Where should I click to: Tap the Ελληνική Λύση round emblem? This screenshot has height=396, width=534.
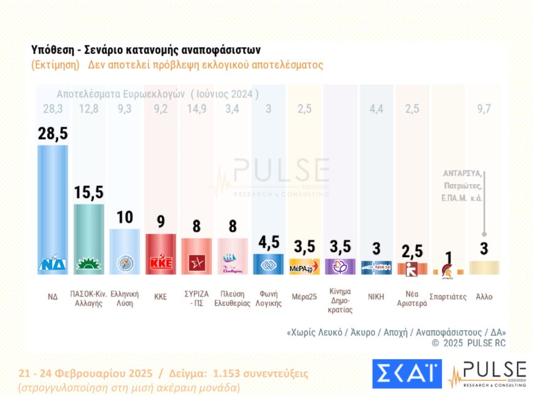[x=125, y=263]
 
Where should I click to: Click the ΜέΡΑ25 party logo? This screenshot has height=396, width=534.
[x=304, y=267]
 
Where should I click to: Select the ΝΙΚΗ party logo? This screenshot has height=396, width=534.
[x=377, y=267]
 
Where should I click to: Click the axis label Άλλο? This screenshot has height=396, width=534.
[x=484, y=297]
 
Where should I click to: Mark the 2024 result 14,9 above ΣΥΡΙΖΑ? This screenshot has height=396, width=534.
[x=197, y=110]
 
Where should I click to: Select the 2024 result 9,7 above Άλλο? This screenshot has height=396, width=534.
[x=484, y=110]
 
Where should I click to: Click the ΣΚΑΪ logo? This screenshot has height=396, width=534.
[x=406, y=374]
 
